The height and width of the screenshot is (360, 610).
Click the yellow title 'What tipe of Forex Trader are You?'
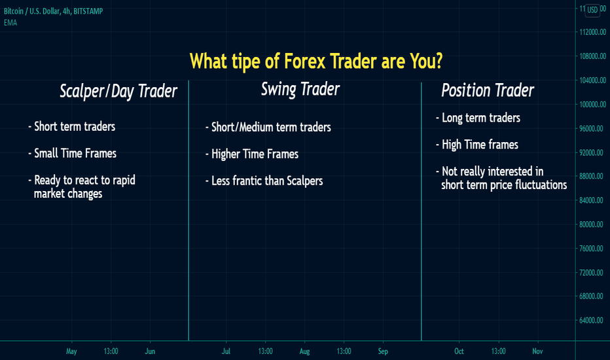[x=316, y=61]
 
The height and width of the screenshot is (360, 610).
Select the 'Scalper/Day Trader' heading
[x=118, y=92]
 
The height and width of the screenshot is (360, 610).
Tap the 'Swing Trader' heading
[x=300, y=90]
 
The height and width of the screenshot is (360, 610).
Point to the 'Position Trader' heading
[x=488, y=90]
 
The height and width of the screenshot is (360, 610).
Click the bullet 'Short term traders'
[x=72, y=126]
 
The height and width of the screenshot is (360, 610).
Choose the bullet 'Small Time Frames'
[x=73, y=153]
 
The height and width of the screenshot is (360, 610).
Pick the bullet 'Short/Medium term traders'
[x=268, y=127]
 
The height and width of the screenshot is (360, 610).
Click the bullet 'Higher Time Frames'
[x=252, y=154]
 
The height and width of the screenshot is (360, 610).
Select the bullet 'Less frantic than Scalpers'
[x=264, y=181]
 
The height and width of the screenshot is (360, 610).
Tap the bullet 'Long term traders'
[x=478, y=118]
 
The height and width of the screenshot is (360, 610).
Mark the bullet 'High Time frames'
[x=477, y=145]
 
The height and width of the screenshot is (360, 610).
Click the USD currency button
[x=592, y=10]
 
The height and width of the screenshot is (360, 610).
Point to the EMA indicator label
[x=10, y=22]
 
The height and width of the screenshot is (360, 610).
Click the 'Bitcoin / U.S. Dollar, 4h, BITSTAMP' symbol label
[x=53, y=11]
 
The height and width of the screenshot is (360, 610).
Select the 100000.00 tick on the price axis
[x=593, y=104]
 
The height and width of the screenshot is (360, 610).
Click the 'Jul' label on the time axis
[x=226, y=351]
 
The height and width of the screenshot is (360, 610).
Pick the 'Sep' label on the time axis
[x=383, y=351]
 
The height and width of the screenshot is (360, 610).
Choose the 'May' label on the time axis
[x=71, y=351]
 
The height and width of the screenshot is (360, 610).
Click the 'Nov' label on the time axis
[x=537, y=351]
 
